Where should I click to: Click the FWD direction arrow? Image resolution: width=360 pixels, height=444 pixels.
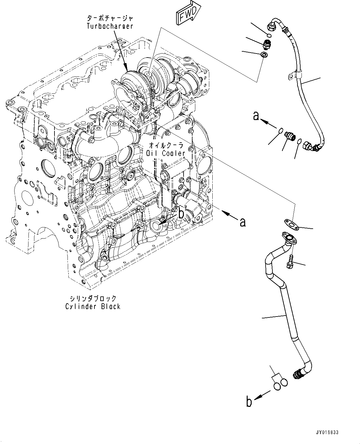coord(188,14)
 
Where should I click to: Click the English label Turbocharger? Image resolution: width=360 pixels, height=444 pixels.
coord(110,26)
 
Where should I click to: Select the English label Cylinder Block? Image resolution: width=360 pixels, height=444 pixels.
coord(93,306)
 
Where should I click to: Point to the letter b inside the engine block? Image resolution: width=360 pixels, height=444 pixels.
coord(182,213)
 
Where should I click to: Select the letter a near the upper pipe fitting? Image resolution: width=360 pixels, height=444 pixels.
coord(256,116)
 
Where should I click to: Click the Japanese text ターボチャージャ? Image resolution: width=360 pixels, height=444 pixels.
coord(110,19)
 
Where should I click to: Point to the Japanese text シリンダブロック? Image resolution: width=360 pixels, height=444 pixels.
coord(93,299)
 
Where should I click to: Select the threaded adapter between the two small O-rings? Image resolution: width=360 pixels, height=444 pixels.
coord(290,136)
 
